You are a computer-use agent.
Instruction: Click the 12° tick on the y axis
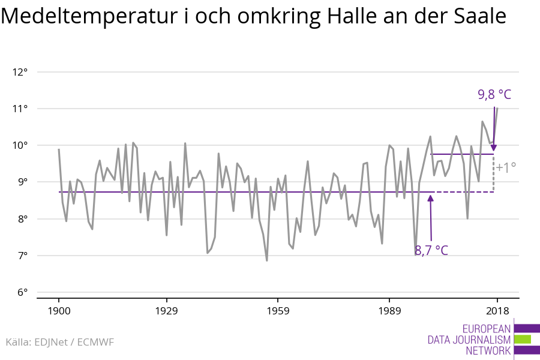pos(20,72)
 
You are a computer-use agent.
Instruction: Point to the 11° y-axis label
pos(20,109)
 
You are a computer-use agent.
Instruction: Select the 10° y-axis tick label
pos(20,145)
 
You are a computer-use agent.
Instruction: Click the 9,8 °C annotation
pos(494,94)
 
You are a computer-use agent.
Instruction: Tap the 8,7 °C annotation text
pos(431,250)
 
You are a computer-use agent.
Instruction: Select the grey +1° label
pos(506,168)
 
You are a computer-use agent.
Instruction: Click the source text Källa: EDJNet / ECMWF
pos(59,342)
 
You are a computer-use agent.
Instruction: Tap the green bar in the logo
pos(523,339)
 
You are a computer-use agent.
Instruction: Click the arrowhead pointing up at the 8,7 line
pos(430,198)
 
